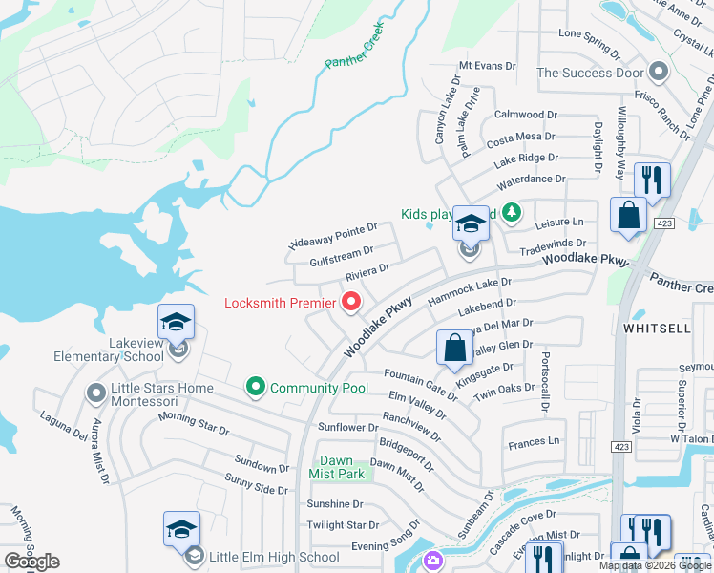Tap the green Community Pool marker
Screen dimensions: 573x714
(255, 387)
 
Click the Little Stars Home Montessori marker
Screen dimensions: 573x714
(95, 393)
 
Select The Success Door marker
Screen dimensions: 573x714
(658, 72)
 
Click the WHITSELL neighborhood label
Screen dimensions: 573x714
(656, 327)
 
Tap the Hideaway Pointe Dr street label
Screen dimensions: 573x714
(333, 237)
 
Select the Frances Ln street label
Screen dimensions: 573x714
(534, 442)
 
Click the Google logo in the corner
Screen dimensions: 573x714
(31, 562)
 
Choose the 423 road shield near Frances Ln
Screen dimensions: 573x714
(622, 446)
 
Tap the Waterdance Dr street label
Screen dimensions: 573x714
(530, 179)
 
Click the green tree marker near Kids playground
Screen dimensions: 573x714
(512, 212)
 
